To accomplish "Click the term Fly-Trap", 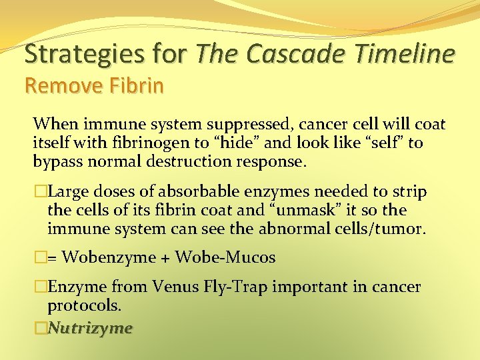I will pyautogui.click(x=235, y=287).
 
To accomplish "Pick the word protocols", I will pyautogui.click(x=85, y=305).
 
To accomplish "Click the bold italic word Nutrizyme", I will pyautogui.click(x=91, y=327).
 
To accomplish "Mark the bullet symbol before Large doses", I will pyautogui.click(x=40, y=193).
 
